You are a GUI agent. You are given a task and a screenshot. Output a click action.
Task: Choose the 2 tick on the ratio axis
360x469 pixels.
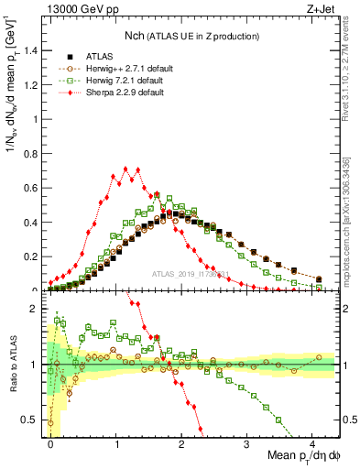pyautogui.click(x=38, y=309)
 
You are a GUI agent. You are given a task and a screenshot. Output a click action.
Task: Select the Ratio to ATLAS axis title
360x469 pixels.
pyautogui.click(x=12, y=366)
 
